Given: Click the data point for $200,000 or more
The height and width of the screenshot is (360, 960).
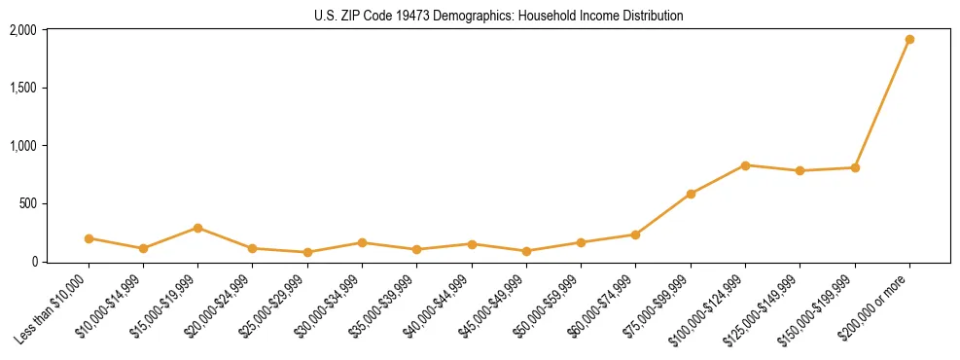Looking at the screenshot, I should click(909, 40).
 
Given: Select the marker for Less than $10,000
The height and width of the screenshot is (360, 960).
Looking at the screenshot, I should click(89, 238).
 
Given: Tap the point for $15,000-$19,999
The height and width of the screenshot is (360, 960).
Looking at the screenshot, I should click(197, 228).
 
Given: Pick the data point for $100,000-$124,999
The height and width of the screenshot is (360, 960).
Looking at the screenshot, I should click(745, 165).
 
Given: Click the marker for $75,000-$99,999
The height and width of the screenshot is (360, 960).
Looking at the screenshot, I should click(691, 194).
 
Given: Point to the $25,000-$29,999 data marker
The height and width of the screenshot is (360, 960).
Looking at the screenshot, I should click(307, 252).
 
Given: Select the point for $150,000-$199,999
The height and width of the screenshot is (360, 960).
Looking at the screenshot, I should click(855, 167).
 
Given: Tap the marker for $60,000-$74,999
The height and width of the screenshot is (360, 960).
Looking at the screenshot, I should click(635, 234).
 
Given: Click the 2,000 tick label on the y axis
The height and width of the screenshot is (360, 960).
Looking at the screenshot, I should click(23, 30).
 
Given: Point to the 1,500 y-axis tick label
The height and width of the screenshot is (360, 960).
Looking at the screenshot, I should click(23, 88).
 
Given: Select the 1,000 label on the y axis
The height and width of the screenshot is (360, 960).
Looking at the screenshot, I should click(23, 146).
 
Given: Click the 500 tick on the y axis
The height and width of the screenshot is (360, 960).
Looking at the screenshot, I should click(28, 203).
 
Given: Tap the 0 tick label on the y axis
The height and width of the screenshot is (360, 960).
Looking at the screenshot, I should click(34, 261).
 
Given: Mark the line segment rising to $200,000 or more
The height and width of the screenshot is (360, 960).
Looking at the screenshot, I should click(882, 104).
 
